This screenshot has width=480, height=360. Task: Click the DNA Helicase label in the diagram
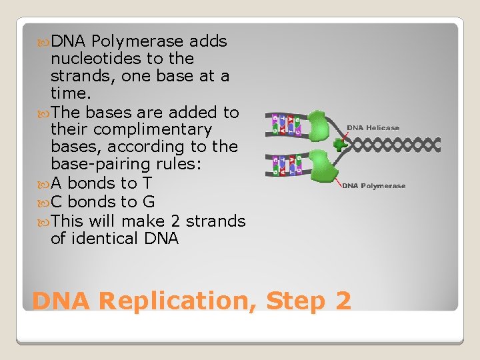[373, 127]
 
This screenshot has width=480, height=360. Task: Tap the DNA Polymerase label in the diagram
[373, 186]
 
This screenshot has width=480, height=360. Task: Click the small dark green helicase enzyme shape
[341, 144]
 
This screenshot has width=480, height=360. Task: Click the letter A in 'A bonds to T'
[57, 183]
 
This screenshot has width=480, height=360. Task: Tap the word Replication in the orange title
[175, 301]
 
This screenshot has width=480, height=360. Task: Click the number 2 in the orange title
[342, 301]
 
